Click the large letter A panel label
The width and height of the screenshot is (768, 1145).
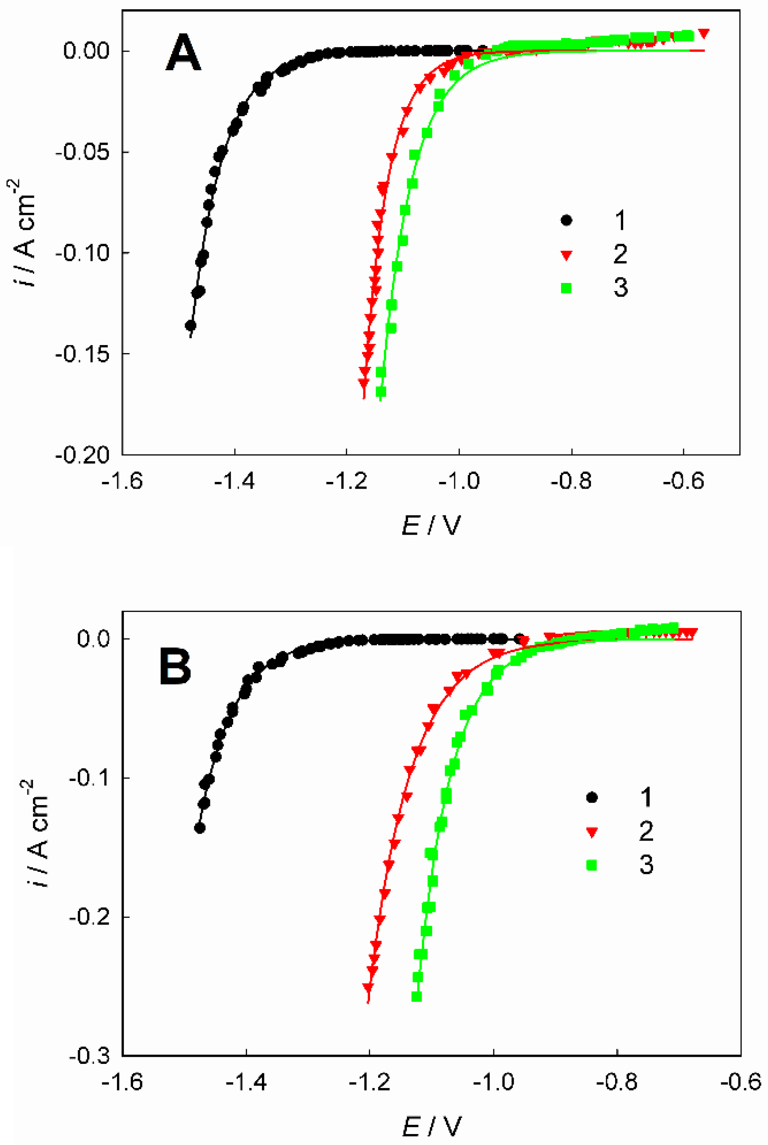(184, 53)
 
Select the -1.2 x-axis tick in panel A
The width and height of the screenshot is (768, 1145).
(346, 481)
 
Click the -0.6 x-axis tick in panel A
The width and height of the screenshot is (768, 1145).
(684, 481)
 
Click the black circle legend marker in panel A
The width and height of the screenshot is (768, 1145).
(566, 220)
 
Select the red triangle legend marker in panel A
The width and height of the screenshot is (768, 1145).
(566, 255)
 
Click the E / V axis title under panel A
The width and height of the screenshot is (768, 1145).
(431, 527)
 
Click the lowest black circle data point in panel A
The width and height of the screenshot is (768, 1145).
(191, 326)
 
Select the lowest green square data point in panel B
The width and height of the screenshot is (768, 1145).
(417, 997)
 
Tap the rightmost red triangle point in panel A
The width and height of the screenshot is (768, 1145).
(704, 33)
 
